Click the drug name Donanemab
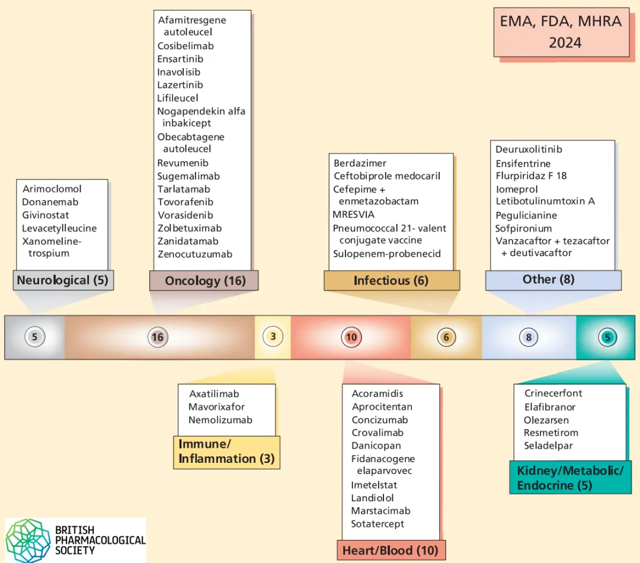pyautogui.click(x=50, y=202)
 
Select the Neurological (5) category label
pyautogui.click(x=63, y=280)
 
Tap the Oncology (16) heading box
pyautogui.click(x=204, y=280)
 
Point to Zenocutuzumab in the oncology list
pyautogui.click(x=195, y=254)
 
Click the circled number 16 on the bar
pyautogui.click(x=157, y=337)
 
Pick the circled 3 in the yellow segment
pyautogui.click(x=273, y=337)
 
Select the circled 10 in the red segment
pyautogui.click(x=351, y=337)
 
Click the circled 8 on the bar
pyautogui.click(x=529, y=337)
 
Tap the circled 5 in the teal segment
pyautogui.click(x=607, y=337)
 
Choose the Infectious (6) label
pyautogui.click(x=391, y=280)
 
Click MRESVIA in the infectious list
pyautogui.click(x=354, y=215)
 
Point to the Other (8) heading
pyautogui.click(x=548, y=279)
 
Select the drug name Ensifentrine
pyautogui.click(x=523, y=164)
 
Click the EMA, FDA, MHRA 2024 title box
pyautogui.click(x=561, y=32)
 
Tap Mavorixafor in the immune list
pyautogui.click(x=216, y=407)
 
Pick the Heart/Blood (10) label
pyautogui.click(x=391, y=551)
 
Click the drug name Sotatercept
pyautogui.click(x=377, y=524)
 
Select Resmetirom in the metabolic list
pyautogui.click(x=551, y=433)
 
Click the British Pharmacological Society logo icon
pyautogui.click(x=29, y=539)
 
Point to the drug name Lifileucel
pyautogui.click(x=178, y=98)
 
